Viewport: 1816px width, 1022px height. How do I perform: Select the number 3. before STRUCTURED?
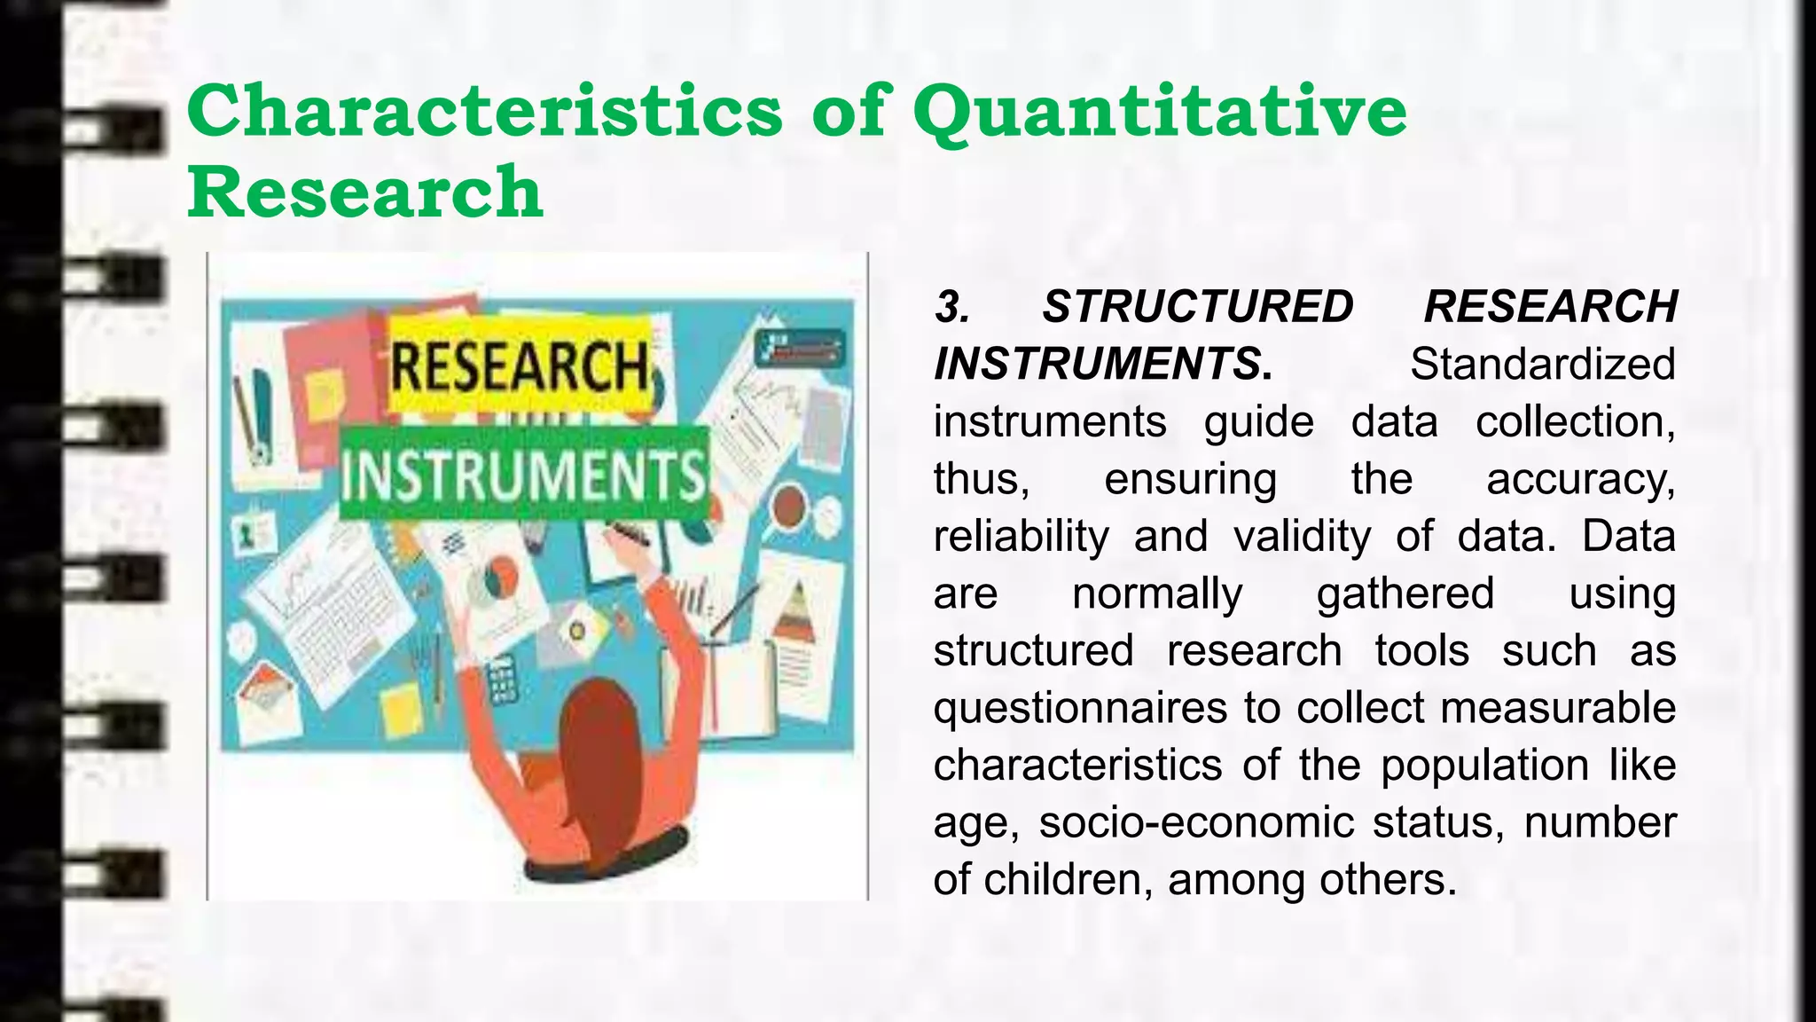click(x=952, y=308)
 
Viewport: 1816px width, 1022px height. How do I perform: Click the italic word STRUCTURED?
click(x=1197, y=307)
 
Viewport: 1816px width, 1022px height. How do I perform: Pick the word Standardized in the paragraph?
click(x=1542, y=365)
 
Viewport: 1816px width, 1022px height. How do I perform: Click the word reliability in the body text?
click(x=1021, y=537)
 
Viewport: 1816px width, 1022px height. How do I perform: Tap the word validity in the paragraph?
click(x=1302, y=537)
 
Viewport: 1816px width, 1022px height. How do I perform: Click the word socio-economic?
click(x=1196, y=822)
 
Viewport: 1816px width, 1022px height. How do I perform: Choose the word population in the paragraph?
click(x=1484, y=766)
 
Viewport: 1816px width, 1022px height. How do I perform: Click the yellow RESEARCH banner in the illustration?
click(x=521, y=367)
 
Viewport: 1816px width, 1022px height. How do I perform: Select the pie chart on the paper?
click(x=498, y=578)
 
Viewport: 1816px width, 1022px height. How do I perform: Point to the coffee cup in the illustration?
click(x=788, y=507)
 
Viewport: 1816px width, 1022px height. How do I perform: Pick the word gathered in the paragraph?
click(x=1405, y=594)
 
